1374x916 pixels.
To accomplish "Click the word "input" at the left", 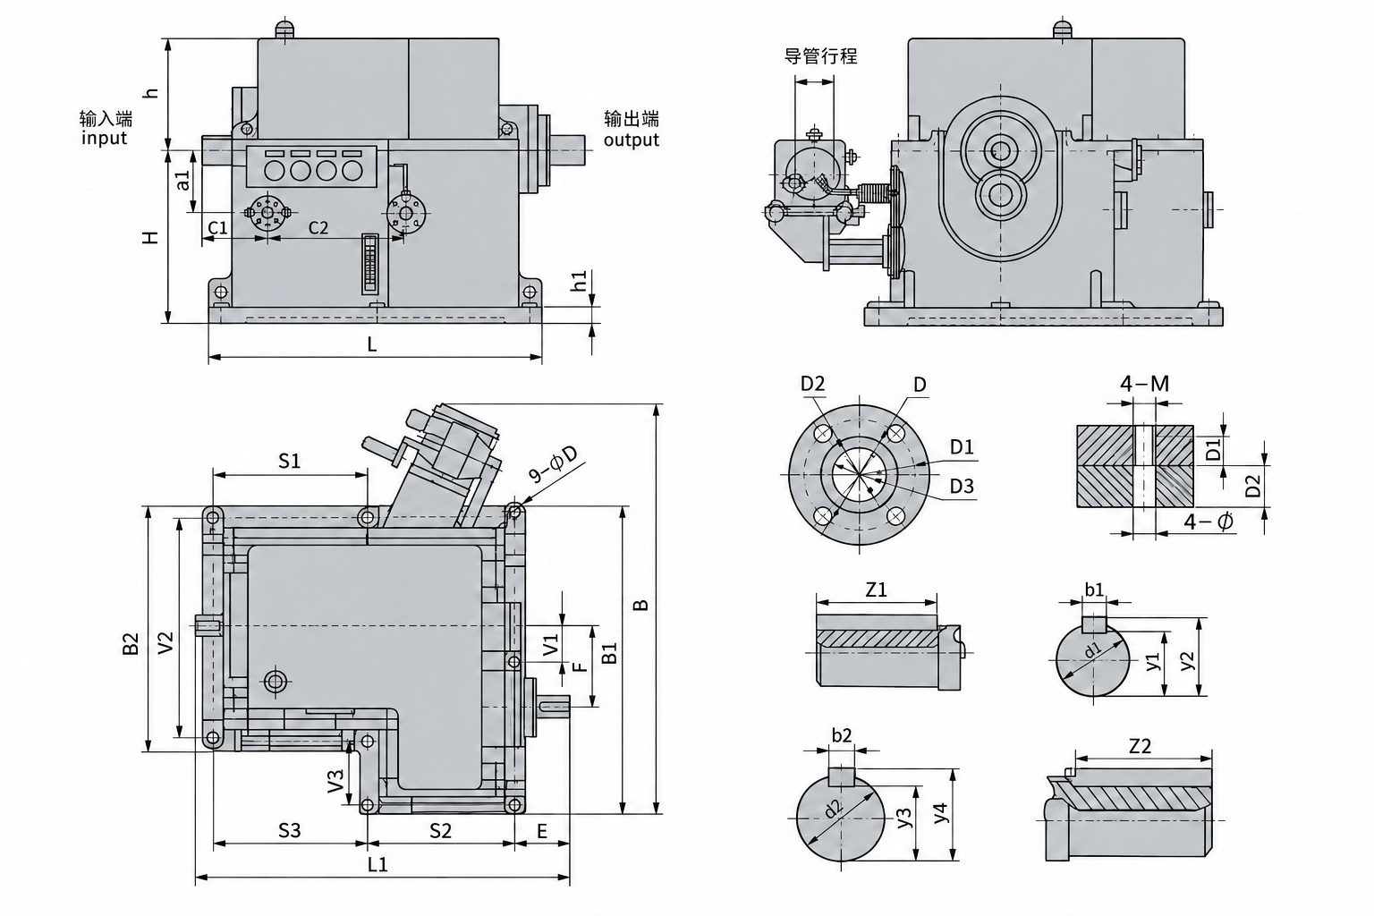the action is pyautogui.click(x=105, y=138).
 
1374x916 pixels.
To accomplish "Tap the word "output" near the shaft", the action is pyautogui.click(x=632, y=140).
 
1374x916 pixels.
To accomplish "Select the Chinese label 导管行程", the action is pyautogui.click(x=820, y=56).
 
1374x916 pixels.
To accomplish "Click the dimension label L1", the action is pyautogui.click(x=377, y=864).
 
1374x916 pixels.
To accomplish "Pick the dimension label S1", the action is pyautogui.click(x=290, y=461).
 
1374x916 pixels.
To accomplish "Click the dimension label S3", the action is pyautogui.click(x=290, y=830).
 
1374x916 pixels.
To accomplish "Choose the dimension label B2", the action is pyautogui.click(x=131, y=643).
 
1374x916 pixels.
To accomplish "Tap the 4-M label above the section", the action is pyautogui.click(x=1145, y=384).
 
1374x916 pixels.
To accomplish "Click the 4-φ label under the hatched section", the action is pyautogui.click(x=1208, y=522).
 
